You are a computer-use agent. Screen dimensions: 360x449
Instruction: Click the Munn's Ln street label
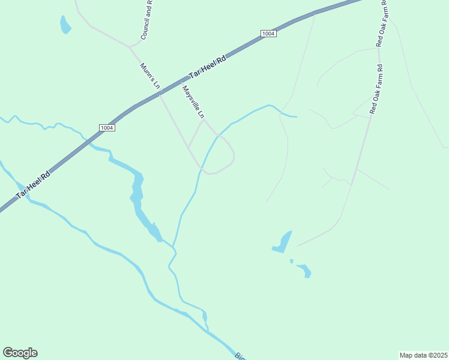pos(149,76)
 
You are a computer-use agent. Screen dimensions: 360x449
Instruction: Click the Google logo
pos(20,353)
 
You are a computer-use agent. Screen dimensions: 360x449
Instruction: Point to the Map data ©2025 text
pos(423,355)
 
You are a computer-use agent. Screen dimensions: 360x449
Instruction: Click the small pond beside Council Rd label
pos(65,25)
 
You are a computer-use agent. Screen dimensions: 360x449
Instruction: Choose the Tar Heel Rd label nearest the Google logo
pos(33,184)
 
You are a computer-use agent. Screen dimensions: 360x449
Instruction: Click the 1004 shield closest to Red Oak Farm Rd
pos(268,34)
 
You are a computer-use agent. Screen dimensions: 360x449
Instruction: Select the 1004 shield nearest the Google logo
pos(107,127)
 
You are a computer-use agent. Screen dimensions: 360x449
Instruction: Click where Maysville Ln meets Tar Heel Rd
pos(181,82)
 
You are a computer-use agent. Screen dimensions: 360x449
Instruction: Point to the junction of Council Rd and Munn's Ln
pos(129,46)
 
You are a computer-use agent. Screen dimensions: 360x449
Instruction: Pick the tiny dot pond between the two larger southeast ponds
pos(291,261)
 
